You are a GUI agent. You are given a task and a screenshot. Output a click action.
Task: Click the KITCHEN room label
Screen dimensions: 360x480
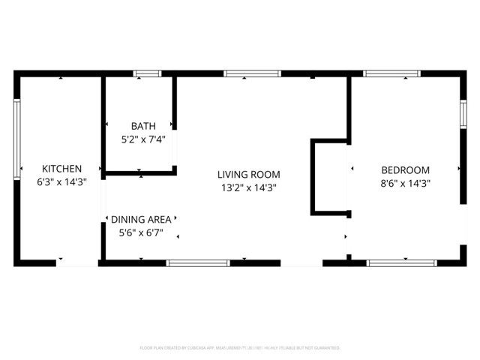(x=61, y=169)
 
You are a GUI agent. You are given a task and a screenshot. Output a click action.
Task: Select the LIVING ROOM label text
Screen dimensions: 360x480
(x=249, y=174)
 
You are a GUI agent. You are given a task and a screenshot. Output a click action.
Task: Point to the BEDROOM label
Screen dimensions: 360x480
(x=405, y=169)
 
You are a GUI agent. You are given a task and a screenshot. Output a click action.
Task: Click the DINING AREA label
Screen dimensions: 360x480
(x=141, y=219)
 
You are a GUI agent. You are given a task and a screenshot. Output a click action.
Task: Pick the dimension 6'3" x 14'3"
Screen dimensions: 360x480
(x=61, y=182)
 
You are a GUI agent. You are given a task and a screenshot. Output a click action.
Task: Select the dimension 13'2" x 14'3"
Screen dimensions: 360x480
(x=249, y=187)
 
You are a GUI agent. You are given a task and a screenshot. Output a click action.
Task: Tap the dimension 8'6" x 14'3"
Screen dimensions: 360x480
(x=405, y=182)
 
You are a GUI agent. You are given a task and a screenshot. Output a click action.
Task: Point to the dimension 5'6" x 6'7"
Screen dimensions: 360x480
(x=141, y=232)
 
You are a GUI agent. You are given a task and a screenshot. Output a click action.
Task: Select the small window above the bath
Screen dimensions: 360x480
(x=147, y=73)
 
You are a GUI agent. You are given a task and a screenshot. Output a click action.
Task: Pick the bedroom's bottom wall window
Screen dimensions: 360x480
(x=401, y=262)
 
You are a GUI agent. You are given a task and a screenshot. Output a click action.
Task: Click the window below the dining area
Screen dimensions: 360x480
(x=198, y=262)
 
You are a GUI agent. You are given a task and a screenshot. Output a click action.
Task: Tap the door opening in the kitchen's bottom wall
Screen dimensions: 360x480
(x=76, y=262)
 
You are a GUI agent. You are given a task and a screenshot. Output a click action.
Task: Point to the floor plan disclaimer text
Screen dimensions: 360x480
(x=240, y=348)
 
